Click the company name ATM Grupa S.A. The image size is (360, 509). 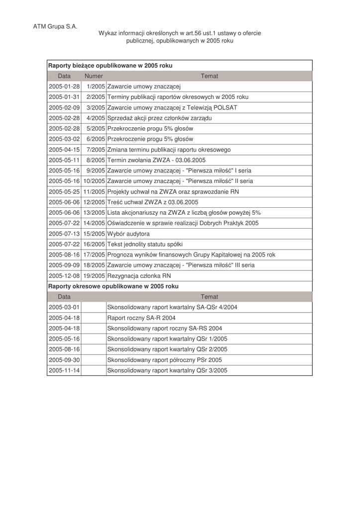55,26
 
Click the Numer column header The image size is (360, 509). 93,76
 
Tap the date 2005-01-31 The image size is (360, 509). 64,97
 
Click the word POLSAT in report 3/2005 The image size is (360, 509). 225,107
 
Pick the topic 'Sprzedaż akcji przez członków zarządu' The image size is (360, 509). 159,118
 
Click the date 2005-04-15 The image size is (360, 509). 64,150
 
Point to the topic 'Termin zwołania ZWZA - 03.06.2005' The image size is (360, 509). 156,160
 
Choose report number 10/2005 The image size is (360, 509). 94,181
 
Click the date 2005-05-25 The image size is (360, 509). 64,191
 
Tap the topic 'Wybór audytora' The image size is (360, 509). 128,234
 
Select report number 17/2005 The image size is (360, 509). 94,254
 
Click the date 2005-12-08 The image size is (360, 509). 64,275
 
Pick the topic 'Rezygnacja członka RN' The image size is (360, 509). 139,275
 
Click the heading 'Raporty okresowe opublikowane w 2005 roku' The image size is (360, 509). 113,286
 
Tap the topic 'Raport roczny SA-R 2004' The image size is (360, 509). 141,318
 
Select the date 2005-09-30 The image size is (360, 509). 64,360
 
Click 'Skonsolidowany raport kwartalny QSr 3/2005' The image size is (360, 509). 167,370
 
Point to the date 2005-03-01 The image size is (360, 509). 64,307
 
